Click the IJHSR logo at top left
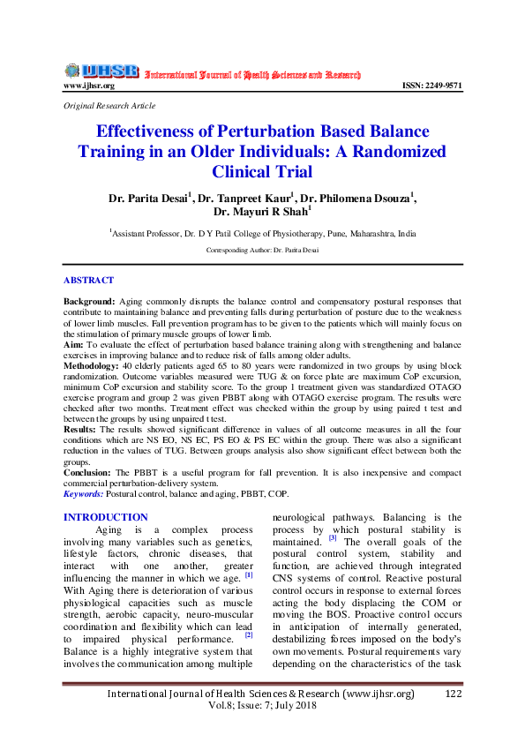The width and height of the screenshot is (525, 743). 101,71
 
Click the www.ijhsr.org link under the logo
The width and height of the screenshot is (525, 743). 89,86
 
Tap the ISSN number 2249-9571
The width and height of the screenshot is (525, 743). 432,86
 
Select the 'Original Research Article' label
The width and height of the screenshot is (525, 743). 109,105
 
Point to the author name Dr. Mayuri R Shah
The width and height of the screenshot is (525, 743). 262,212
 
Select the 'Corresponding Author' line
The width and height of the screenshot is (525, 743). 261,251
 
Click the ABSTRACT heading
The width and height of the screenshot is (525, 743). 88,280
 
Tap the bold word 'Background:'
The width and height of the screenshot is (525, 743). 88,301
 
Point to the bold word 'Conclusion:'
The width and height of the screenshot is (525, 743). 87,472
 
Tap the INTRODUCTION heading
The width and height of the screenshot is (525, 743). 105,517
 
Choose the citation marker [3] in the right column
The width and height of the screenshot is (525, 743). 333,537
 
